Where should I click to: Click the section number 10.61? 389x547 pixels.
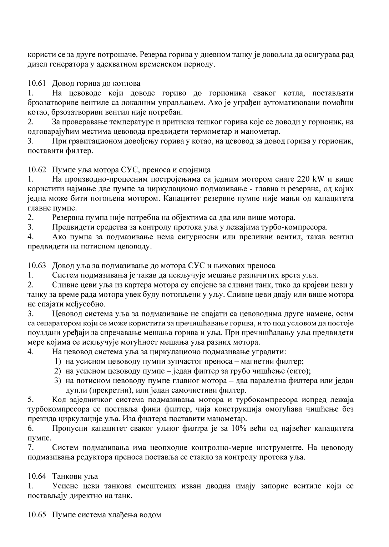point(37,84)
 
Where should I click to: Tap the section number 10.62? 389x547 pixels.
point(37,170)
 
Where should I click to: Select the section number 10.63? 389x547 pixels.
point(37,266)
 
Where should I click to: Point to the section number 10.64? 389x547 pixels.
point(37,477)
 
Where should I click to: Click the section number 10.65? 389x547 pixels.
point(37,515)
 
